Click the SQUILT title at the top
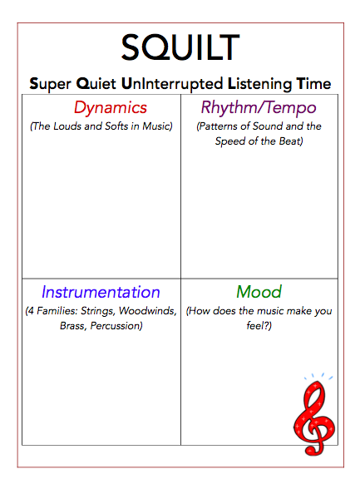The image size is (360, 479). (x=180, y=48)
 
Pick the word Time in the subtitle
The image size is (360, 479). (x=313, y=84)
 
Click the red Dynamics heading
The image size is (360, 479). (x=110, y=107)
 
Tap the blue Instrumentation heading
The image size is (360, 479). (x=101, y=292)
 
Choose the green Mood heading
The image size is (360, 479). (x=259, y=292)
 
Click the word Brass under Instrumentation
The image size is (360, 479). (x=74, y=326)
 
